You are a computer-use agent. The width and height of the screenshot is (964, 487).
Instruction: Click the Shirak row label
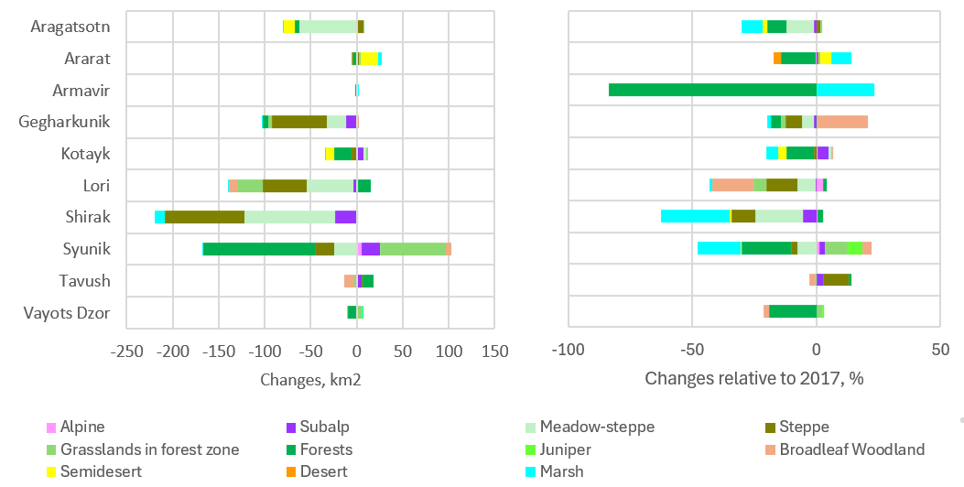coord(88,217)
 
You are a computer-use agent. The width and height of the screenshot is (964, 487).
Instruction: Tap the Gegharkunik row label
coord(64,122)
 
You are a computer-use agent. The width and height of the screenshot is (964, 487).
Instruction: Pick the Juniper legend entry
coord(565,449)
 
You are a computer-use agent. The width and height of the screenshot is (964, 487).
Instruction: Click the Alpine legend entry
coord(81,427)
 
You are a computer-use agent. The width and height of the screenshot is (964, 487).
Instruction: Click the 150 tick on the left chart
coord(494,350)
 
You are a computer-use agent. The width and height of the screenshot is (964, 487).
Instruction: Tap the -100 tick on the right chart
coord(569,350)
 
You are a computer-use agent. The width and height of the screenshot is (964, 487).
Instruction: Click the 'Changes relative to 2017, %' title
coord(754,378)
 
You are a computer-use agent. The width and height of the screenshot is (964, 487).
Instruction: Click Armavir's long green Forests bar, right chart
coord(712,90)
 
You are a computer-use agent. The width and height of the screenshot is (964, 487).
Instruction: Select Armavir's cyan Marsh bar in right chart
coord(845,90)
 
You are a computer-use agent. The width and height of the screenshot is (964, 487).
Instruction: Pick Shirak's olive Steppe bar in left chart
coord(204,217)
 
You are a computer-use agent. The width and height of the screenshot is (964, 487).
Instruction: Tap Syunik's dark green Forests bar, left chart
coord(259,249)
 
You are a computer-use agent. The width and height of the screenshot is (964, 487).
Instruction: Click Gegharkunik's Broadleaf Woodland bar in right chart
coord(842,122)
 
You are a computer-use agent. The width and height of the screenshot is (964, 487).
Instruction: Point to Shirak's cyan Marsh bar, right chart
coord(695,217)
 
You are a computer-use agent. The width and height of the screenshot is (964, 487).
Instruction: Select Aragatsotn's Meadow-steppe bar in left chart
coord(329,27)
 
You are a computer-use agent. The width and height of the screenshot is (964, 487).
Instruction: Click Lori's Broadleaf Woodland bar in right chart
coord(733,185)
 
